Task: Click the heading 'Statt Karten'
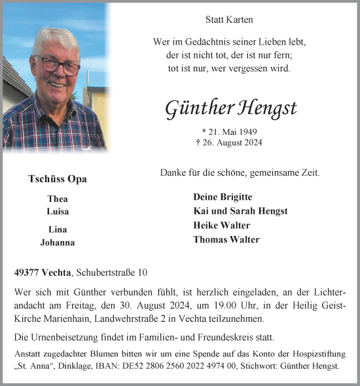coord(229,20)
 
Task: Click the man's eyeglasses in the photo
coord(62,64)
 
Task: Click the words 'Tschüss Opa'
coord(58,179)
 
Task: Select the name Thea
coord(58,199)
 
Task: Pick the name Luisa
coord(58,212)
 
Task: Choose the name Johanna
coord(58,242)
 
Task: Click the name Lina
coord(58,229)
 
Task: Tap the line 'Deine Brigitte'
coord(223,197)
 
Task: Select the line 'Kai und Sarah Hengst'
coord(240,211)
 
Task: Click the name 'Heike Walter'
coord(222,225)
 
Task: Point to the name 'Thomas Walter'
coord(226,240)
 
